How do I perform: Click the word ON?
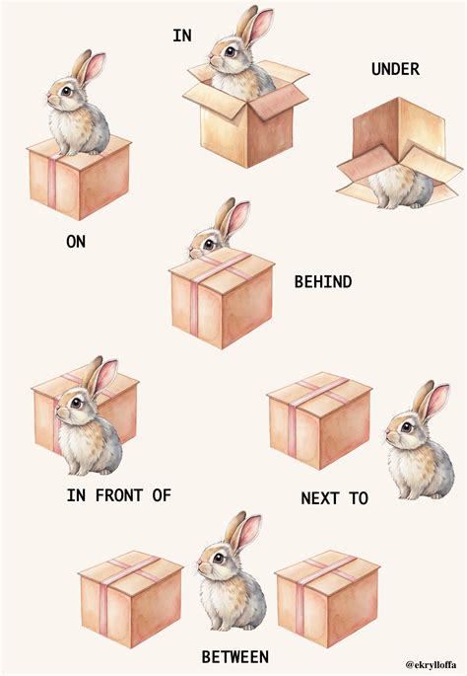coord(76,242)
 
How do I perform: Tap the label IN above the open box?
coord(182,36)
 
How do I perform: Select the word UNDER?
coord(395,69)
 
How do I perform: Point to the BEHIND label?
coord(323,282)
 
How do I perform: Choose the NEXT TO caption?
coord(334,498)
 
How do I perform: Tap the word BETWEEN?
coord(235,657)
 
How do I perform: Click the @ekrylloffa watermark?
coord(432,665)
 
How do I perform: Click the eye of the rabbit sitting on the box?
coord(66,91)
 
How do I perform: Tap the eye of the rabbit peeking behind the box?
coord(209,245)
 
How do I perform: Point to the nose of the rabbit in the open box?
coord(212,60)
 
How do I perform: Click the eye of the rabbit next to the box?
coord(407,427)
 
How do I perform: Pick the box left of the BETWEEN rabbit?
coord(131,599)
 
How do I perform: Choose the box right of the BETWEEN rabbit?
coord(327,599)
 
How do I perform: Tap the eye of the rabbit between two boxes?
coord(219,559)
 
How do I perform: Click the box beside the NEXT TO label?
coord(319,420)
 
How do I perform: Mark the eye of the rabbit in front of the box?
coord(76,403)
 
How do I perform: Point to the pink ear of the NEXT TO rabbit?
coord(436,402)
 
